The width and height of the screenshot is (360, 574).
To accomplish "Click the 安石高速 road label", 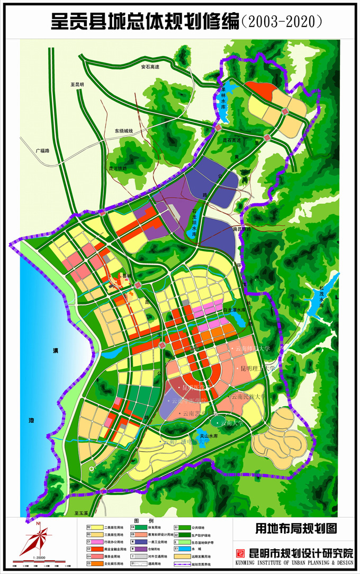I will coord(150,67).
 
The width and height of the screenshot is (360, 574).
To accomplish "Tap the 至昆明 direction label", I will coord(77,84).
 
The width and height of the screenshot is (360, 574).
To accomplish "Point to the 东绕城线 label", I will coord(123,131).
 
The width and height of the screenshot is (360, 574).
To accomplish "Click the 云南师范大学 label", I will coord(253,348).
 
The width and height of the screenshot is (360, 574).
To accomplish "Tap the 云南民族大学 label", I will coord(248,396).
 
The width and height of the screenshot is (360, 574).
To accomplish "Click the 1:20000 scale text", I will coord(38,558).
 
